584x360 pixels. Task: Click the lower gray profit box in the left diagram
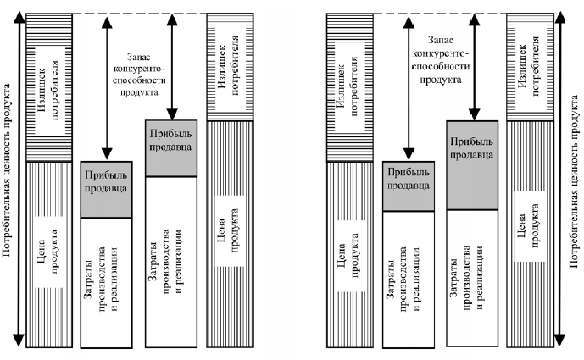pos(107,188)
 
